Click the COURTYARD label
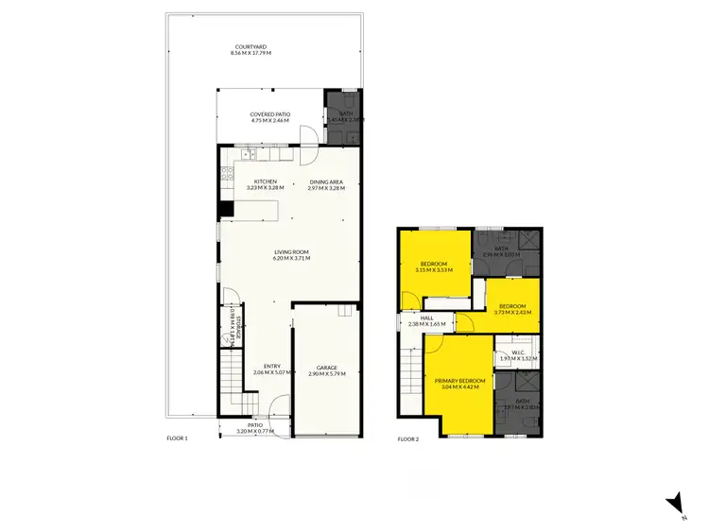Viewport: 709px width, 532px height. [x=251, y=46]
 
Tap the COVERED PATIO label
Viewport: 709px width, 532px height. [x=270, y=113]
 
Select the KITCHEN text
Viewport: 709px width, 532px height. [x=265, y=181]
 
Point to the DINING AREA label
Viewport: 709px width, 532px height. [x=325, y=181]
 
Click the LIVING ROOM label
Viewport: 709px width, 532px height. [x=291, y=251]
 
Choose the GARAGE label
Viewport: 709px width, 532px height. [x=327, y=368]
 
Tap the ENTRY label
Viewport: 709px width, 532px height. [x=272, y=367]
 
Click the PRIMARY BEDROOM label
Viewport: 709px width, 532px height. [x=459, y=381]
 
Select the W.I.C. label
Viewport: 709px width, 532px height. [x=517, y=352]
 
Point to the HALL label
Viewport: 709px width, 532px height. [x=426, y=318]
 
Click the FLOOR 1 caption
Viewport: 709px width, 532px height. [x=178, y=438]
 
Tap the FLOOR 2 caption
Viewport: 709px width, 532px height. [x=408, y=438]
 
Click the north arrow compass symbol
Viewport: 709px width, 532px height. [x=672, y=505]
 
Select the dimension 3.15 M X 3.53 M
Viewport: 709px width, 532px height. [x=434, y=270]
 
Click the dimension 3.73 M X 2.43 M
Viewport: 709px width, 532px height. [x=512, y=312]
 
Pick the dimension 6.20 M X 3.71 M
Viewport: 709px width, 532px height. [x=291, y=258]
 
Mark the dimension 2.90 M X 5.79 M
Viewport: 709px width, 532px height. [x=327, y=374]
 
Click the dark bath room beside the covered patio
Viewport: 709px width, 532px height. [x=342, y=117]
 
